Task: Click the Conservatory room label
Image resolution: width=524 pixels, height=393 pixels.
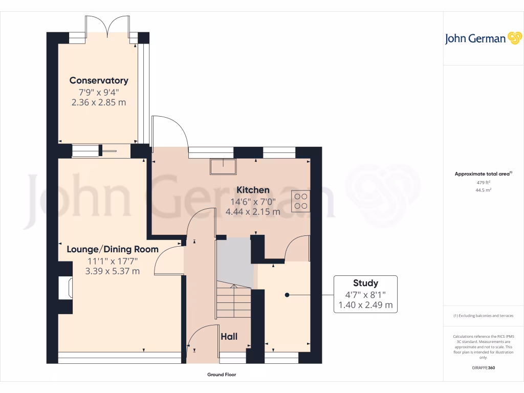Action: (x=99, y=80)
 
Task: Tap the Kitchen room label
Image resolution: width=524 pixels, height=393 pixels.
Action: (x=253, y=190)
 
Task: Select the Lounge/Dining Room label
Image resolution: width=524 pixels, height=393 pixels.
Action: (x=113, y=249)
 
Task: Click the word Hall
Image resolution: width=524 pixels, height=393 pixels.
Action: (x=229, y=336)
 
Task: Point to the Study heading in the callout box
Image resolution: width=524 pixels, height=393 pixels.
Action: (x=365, y=283)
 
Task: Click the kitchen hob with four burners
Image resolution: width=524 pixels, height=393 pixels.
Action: (x=300, y=201)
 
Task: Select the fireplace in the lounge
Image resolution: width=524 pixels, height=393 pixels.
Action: (x=65, y=288)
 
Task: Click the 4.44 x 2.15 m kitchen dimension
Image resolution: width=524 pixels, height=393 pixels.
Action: (x=253, y=211)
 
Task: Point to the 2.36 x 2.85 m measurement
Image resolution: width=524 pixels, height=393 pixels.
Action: (x=98, y=102)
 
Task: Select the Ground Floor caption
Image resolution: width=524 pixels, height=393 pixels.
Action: (x=222, y=375)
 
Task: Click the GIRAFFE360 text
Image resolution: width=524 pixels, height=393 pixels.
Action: (x=484, y=368)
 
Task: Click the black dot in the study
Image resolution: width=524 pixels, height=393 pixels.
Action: (x=287, y=295)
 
